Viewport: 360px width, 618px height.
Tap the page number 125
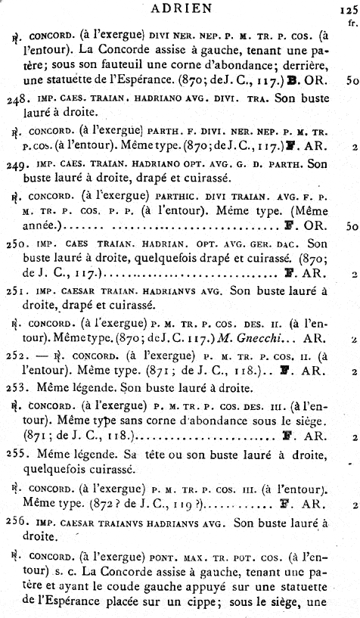click(x=347, y=11)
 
